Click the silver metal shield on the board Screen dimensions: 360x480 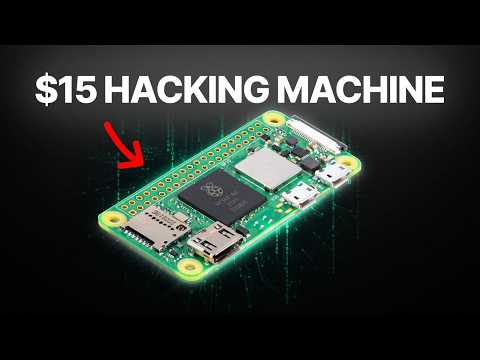(271, 171)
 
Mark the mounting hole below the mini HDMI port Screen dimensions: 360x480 (187, 269)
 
